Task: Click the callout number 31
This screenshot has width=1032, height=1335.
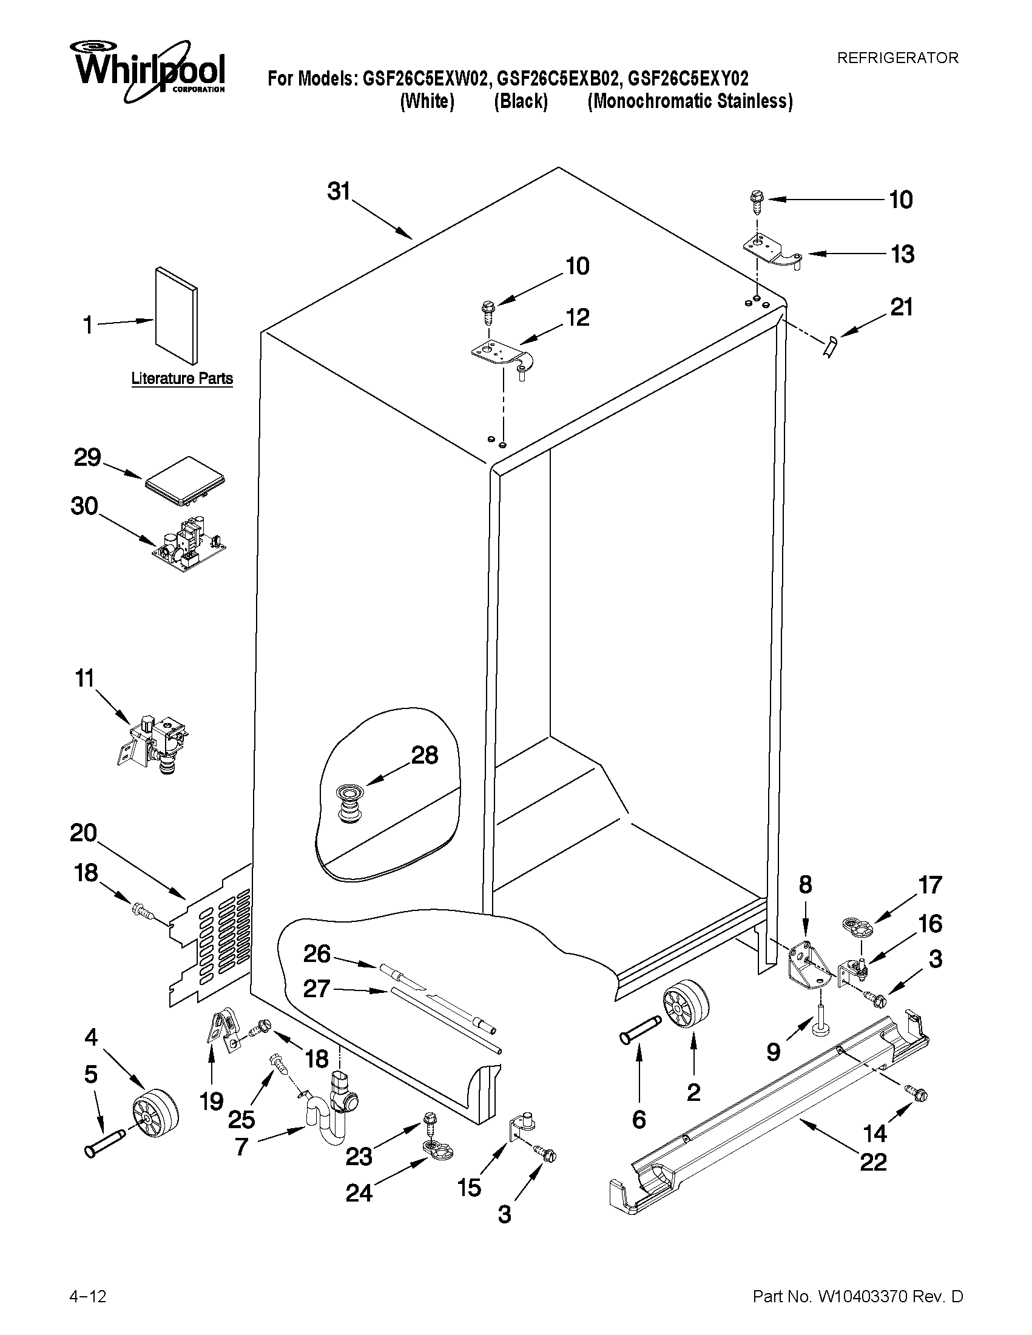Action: point(338,191)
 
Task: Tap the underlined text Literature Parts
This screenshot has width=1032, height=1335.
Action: point(182,378)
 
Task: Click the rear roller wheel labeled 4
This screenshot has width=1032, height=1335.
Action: point(155,1112)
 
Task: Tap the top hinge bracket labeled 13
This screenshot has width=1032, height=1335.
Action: point(772,252)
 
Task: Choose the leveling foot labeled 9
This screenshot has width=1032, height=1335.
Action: point(818,1024)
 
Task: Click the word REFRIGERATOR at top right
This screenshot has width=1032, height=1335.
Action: point(897,58)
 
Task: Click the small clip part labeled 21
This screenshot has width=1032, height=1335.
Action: point(829,348)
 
